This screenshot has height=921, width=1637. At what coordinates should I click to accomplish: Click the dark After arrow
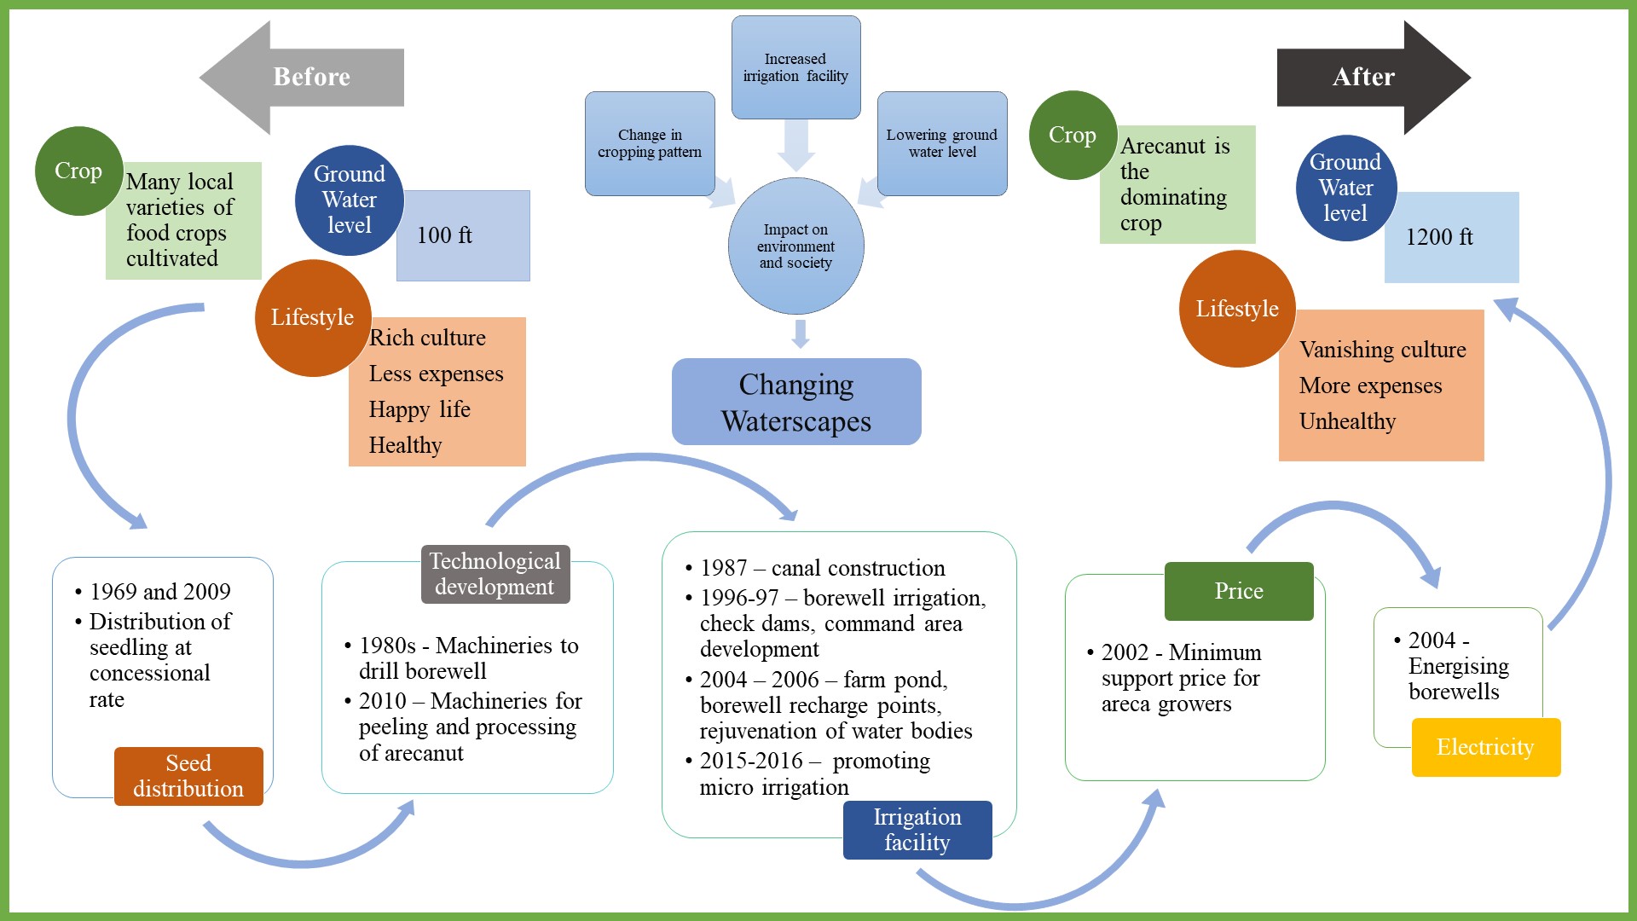(1363, 77)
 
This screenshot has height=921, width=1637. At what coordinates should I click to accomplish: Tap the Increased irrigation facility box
(795, 67)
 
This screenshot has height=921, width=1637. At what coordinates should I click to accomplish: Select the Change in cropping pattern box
(650, 143)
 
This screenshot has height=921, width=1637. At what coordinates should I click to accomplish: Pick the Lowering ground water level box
(942, 143)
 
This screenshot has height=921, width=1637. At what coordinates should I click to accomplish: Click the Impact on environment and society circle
(795, 246)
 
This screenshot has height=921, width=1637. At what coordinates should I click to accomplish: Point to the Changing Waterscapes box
(796, 403)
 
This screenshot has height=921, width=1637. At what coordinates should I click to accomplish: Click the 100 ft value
(444, 235)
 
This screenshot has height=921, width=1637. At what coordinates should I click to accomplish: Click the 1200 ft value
(1439, 237)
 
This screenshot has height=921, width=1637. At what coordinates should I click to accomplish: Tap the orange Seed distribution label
(188, 776)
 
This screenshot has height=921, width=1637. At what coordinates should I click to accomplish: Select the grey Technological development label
(495, 574)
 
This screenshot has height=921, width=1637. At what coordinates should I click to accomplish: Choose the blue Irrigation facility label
(917, 830)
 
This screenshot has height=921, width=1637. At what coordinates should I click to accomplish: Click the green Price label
(1239, 591)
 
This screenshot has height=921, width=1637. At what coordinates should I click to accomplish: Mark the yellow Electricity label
(1485, 747)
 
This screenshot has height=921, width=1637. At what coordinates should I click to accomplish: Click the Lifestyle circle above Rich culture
(313, 317)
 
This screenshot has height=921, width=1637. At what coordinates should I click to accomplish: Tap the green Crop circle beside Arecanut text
(1073, 136)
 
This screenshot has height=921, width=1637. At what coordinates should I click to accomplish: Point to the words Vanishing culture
(1382, 350)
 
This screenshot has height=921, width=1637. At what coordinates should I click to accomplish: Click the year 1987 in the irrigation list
(723, 568)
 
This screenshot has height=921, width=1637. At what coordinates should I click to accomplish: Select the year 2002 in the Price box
(1125, 652)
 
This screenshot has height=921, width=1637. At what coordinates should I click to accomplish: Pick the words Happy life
(419, 409)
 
